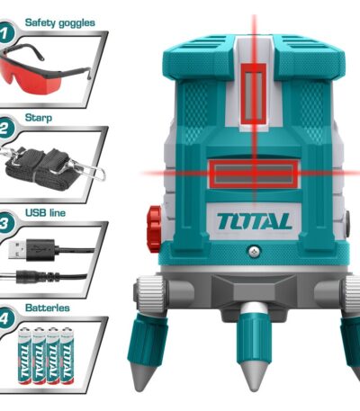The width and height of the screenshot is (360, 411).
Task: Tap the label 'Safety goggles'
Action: (60, 22)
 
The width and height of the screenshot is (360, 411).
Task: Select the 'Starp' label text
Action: (39, 118)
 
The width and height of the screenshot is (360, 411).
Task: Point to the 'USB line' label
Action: (45, 213)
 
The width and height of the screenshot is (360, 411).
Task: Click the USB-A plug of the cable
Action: (30, 250)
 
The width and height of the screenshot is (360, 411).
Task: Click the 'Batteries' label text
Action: (48, 308)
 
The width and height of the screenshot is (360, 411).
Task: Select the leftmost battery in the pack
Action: (25, 356)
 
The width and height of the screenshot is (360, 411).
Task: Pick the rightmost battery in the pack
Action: (67, 356)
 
